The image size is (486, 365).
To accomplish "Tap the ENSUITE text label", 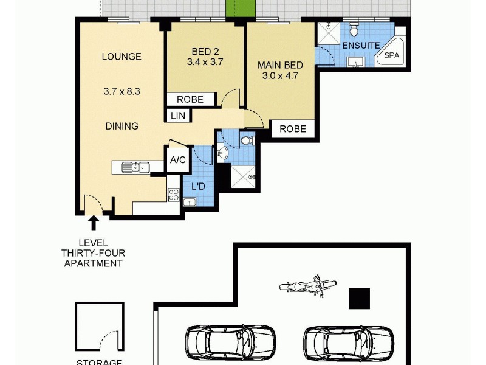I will [361, 46].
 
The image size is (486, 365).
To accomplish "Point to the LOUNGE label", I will [122, 57].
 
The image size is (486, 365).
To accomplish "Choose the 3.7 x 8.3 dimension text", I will [122, 92].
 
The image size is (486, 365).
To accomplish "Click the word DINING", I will [122, 127].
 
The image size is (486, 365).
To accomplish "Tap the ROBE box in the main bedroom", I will [293, 129].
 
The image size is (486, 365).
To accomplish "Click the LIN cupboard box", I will [179, 115].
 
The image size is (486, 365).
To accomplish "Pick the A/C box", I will [178, 161].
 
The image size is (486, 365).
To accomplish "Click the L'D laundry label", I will [198, 186].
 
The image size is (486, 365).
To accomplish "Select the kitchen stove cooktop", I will [173, 195].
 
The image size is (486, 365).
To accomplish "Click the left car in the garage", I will [230, 344].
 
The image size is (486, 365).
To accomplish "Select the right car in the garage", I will [349, 344].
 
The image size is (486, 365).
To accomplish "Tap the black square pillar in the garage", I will [359, 297].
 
